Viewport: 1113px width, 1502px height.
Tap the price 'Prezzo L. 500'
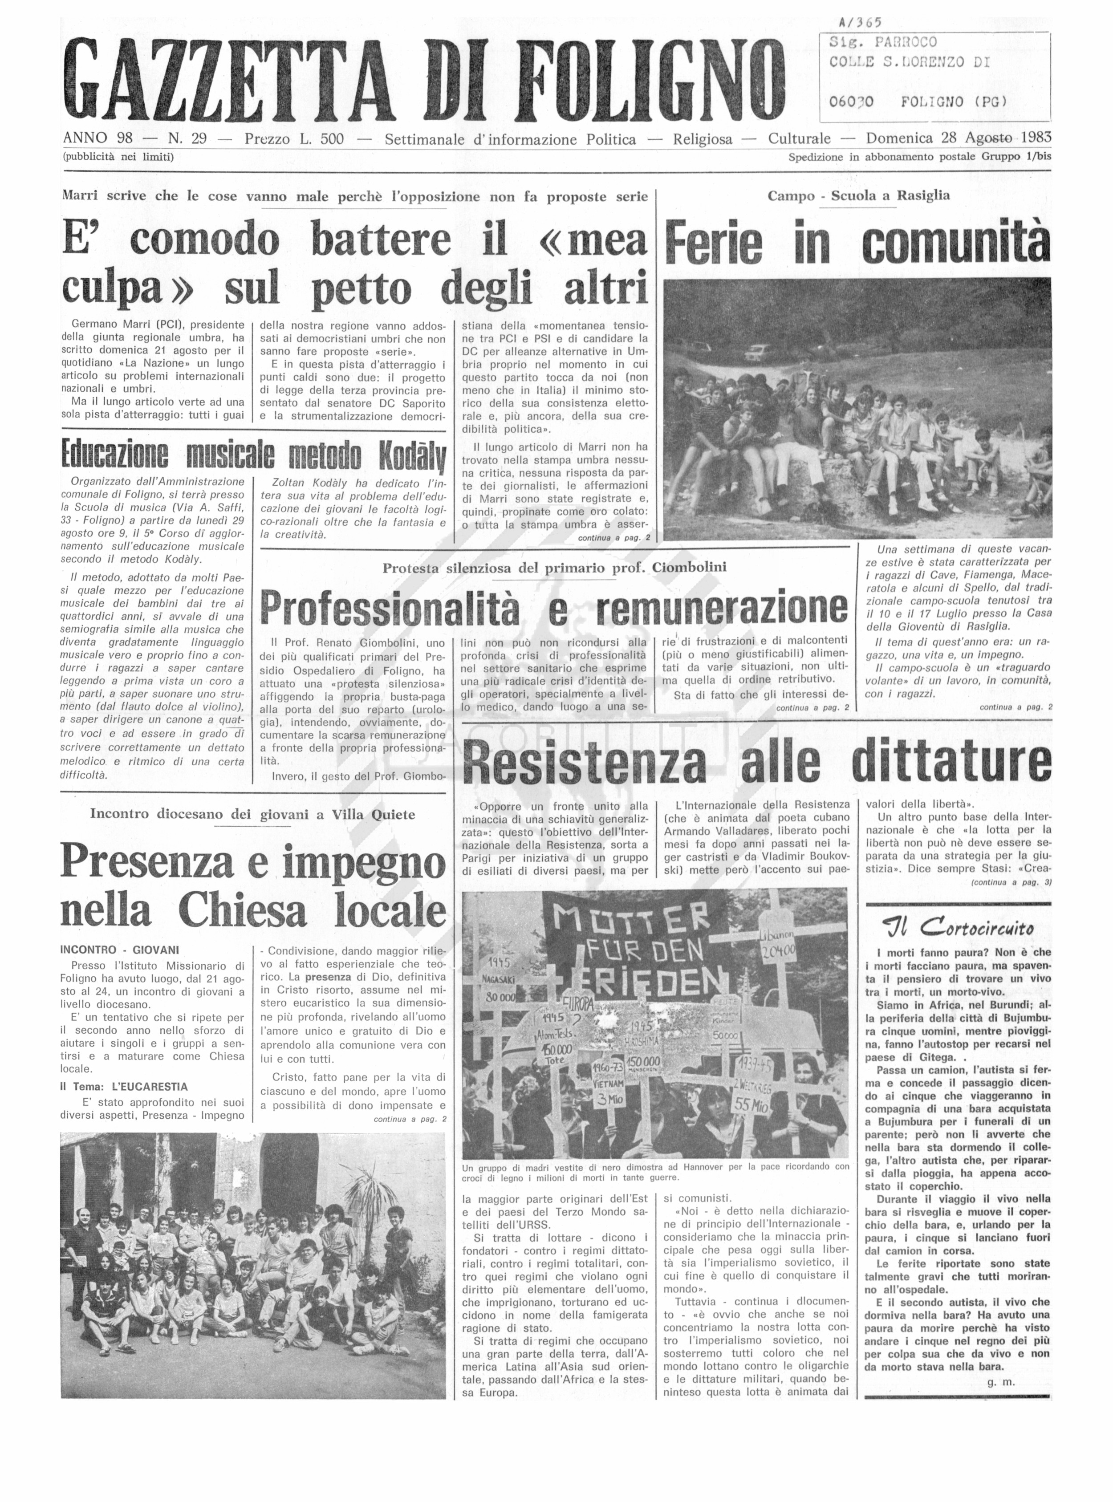[x=294, y=139]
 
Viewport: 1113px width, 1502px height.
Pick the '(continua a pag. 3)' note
[x=1011, y=882]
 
